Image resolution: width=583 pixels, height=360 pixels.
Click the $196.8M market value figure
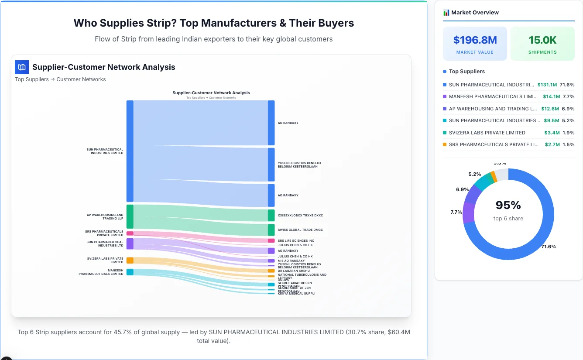point(475,40)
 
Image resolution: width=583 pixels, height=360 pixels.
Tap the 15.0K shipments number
point(542,40)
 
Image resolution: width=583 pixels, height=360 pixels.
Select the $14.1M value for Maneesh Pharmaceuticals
point(550,96)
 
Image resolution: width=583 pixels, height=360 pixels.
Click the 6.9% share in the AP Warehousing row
point(568,109)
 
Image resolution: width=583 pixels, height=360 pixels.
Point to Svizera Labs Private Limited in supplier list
point(487,133)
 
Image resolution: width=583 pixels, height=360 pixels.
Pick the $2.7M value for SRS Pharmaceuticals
point(552,144)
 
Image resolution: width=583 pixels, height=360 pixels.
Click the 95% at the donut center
point(508,205)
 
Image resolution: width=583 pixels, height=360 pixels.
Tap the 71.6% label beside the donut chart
point(549,247)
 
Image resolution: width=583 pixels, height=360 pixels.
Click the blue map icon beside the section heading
point(22,67)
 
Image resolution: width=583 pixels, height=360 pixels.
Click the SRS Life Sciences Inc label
point(296,241)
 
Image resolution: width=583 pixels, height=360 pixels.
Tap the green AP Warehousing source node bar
point(130,216)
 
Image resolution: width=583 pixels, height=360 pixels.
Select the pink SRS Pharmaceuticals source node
point(130,233)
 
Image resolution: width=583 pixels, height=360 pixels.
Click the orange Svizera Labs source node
point(130,261)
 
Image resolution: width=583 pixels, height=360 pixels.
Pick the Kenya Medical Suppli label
point(296,294)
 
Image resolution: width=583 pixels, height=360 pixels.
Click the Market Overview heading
point(475,13)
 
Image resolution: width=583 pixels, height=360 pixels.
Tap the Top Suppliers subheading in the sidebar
point(466,72)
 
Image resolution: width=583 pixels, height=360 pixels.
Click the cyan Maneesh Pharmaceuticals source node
point(130,272)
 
